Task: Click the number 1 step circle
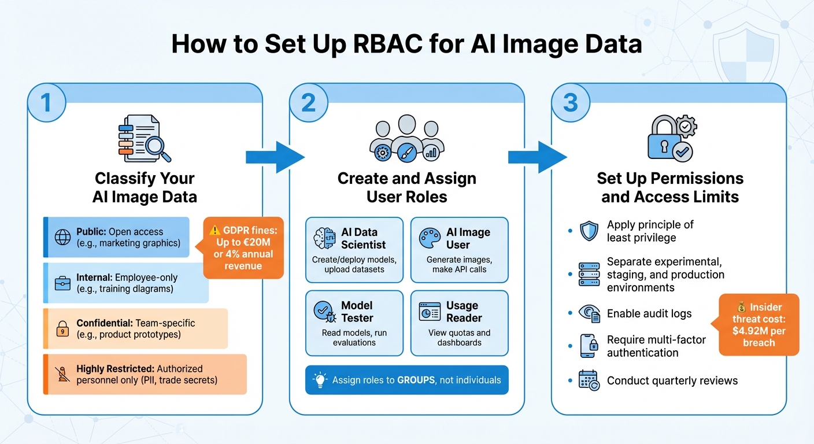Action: tap(47, 102)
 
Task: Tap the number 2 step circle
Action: tap(309, 102)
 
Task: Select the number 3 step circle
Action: tap(570, 102)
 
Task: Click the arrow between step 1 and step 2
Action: tap(275, 156)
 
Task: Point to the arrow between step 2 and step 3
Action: tap(537, 156)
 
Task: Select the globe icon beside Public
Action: tap(62, 238)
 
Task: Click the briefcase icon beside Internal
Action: tap(62, 283)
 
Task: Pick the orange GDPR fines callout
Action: tap(243, 247)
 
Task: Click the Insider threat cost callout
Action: tap(758, 324)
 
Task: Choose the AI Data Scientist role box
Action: tap(354, 250)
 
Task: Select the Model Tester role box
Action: tap(354, 323)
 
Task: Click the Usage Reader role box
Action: tap(460, 323)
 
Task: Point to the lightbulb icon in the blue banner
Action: tap(319, 380)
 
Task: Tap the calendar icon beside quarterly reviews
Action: tap(589, 380)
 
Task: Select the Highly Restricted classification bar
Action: tap(145, 375)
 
